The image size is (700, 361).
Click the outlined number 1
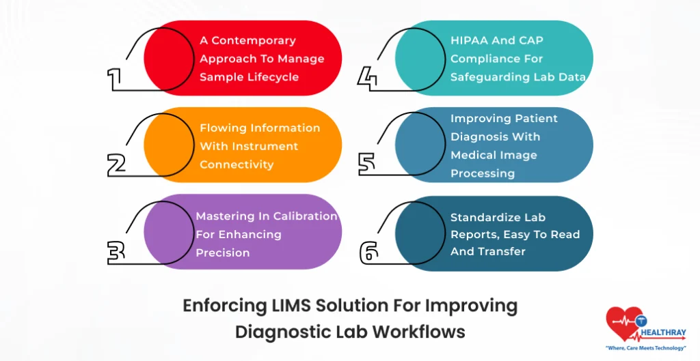(114, 78)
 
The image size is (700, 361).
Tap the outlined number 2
(117, 164)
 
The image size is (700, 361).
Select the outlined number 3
(116, 251)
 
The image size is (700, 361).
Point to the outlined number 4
(368, 78)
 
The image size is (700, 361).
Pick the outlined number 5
(368, 164)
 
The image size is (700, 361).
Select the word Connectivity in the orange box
(237, 164)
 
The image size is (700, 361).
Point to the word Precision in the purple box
(222, 252)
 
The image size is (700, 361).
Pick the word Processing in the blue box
(482, 173)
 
